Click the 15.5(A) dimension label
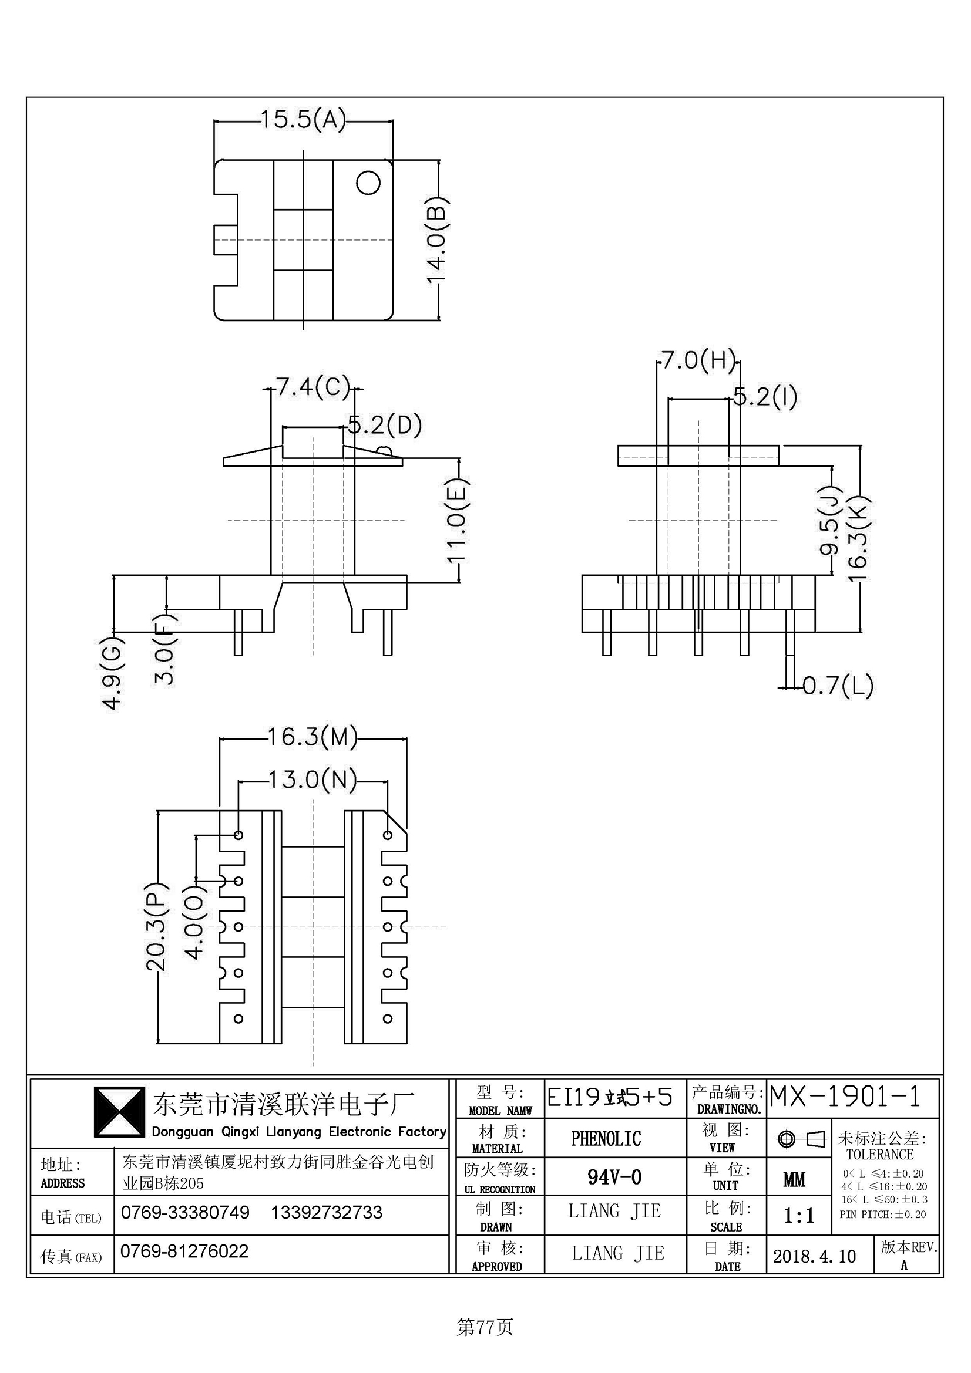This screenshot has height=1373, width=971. pyautogui.click(x=303, y=120)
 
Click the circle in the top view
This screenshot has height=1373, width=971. pyautogui.click(x=368, y=183)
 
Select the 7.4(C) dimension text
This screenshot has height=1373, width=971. pyautogui.click(x=313, y=387)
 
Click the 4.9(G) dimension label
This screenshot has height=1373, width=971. pyautogui.click(x=113, y=673)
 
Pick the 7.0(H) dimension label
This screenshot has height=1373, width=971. pyautogui.click(x=698, y=360)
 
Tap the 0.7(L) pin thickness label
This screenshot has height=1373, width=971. pyautogui.click(x=838, y=685)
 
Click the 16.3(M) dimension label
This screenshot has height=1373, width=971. pyautogui.click(x=312, y=737)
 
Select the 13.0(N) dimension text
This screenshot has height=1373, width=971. pyautogui.click(x=313, y=780)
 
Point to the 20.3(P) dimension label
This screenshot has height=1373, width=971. pyautogui.click(x=157, y=926)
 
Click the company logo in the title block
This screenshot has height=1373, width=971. pyautogui.click(x=119, y=1113)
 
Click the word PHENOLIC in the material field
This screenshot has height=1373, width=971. pyautogui.click(x=606, y=1139)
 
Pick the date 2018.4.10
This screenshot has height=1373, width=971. pyautogui.click(x=814, y=1256)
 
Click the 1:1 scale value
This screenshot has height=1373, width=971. pyautogui.click(x=799, y=1216)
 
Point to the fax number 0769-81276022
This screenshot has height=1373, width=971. pyautogui.click(x=184, y=1251)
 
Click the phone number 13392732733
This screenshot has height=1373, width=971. pyautogui.click(x=327, y=1212)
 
